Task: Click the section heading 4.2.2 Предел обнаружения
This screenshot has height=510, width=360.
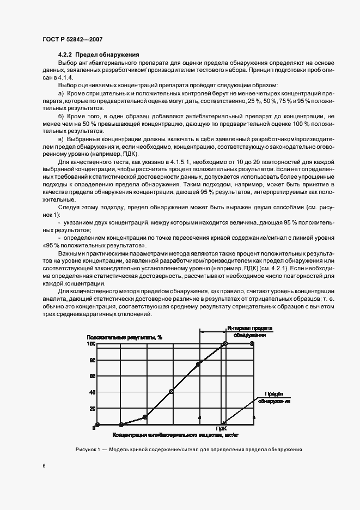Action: pos(99,54)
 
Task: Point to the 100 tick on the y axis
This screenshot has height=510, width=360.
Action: pos(91,344)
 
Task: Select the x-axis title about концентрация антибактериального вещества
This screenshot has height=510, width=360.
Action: pos(176,435)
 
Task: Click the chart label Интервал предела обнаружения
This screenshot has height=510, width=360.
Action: pos(250,332)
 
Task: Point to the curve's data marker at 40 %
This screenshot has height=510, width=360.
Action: pos(171,391)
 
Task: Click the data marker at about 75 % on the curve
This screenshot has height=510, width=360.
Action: pos(199,363)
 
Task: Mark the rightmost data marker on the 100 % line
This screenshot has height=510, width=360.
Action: pos(252,344)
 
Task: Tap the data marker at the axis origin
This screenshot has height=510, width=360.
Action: pos(97,424)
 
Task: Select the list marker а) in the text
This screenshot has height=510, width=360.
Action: pos(61,94)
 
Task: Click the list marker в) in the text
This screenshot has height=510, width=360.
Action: pos(61,139)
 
